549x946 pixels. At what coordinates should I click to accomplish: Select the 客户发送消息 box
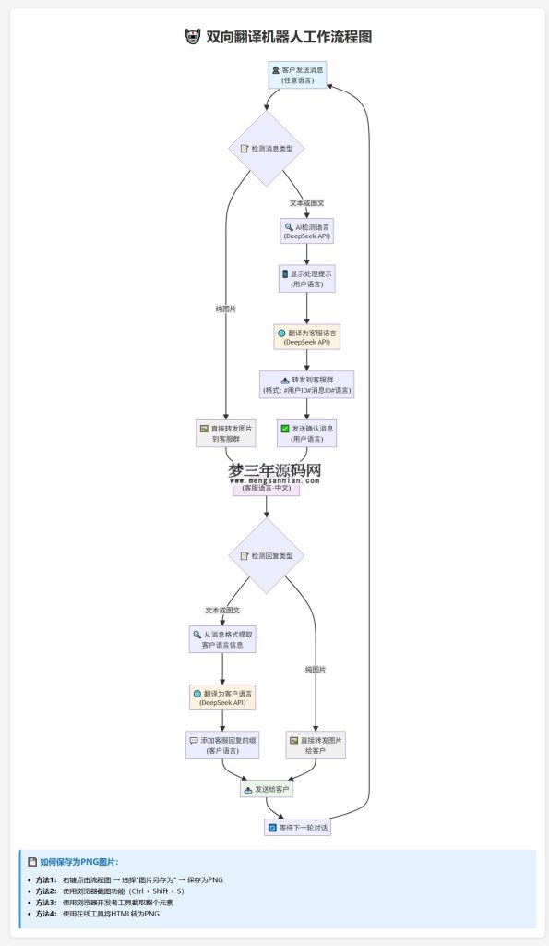(297, 75)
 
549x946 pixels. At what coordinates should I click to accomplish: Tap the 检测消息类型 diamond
(266, 148)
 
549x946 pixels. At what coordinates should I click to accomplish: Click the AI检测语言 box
(307, 231)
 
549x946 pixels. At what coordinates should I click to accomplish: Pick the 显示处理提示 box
(307, 279)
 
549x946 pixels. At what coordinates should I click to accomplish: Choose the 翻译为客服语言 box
(307, 336)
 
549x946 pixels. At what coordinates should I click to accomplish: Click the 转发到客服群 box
(307, 384)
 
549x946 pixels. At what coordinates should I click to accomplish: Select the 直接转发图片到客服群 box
(225, 433)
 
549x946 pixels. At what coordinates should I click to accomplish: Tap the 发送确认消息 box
(307, 433)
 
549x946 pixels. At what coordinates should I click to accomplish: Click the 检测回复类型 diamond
(266, 555)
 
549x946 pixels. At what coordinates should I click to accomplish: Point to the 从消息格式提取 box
(221, 639)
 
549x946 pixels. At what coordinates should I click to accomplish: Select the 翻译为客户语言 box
(221, 697)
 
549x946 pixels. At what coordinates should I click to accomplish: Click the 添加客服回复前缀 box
(221, 746)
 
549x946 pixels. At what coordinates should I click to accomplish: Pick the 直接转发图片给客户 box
(316, 746)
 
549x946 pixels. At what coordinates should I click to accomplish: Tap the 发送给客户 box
(266, 790)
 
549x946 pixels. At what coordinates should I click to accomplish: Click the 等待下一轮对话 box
(297, 828)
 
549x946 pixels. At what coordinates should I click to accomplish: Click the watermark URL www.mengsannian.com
(275, 480)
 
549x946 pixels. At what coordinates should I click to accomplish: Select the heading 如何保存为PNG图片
(78, 861)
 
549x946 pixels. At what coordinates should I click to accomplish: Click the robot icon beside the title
(192, 37)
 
